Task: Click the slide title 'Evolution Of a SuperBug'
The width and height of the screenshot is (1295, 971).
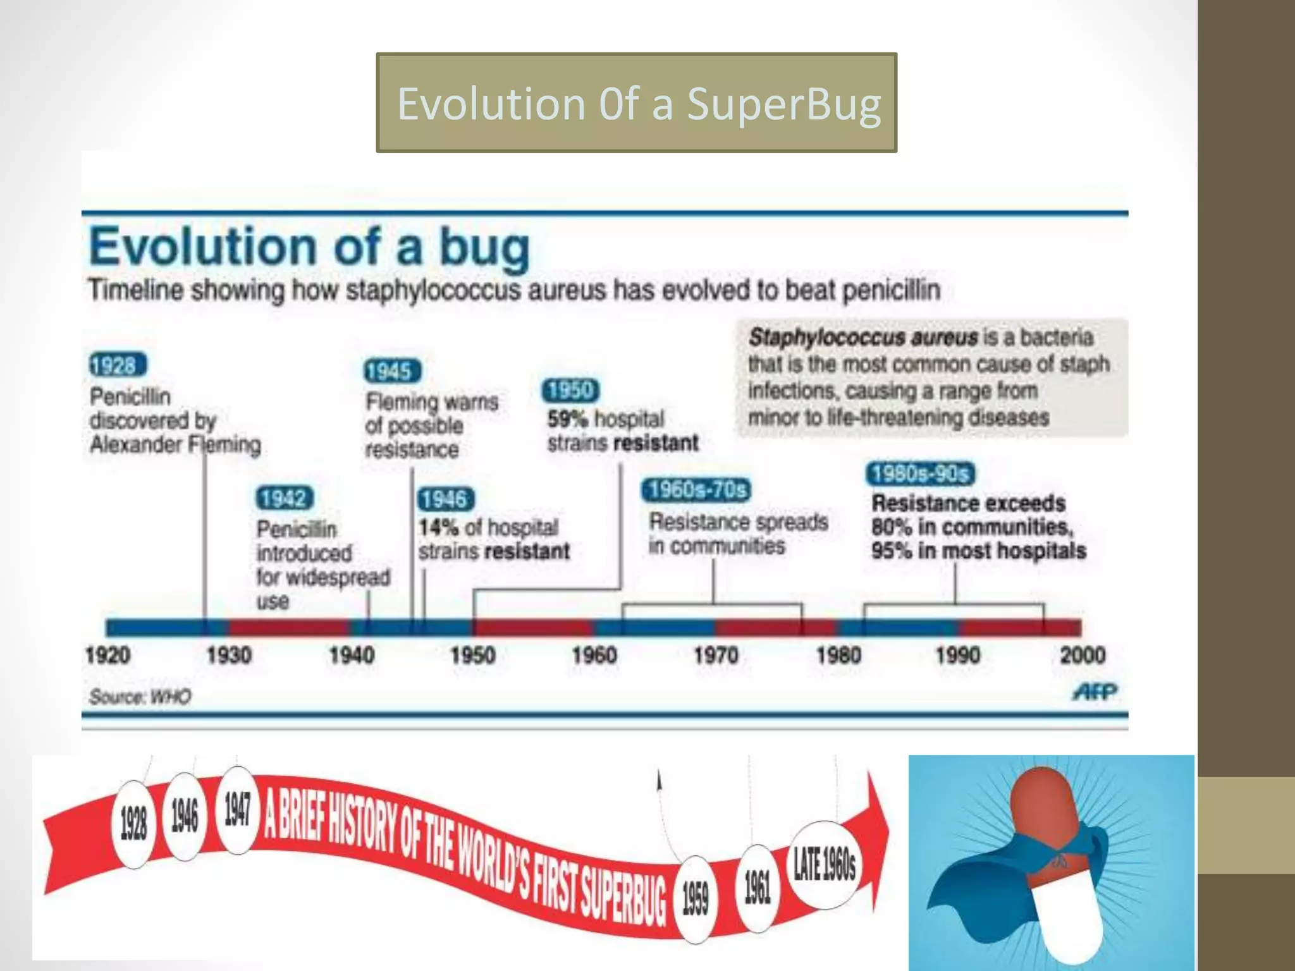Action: tap(637, 103)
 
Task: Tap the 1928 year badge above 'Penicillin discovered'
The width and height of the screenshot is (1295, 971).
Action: tap(118, 365)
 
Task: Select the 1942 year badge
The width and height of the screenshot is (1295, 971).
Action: tap(285, 499)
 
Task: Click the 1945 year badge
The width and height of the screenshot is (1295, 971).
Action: tap(392, 371)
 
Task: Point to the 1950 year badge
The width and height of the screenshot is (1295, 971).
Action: tap(570, 391)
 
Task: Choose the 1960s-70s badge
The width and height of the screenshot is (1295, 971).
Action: tap(696, 490)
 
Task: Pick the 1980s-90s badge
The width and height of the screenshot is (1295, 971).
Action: tap(920, 473)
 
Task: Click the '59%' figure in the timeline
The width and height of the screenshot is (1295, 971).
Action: tap(567, 419)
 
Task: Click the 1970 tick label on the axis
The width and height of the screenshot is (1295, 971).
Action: tap(716, 655)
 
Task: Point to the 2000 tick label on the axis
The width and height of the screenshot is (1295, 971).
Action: tap(1082, 655)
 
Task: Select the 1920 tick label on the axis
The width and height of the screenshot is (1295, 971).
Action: tap(107, 655)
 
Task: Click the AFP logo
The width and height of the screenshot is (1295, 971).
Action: tap(1095, 692)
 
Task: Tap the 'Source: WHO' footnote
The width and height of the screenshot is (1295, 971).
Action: tap(140, 697)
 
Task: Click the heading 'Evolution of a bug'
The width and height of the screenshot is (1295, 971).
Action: tap(309, 247)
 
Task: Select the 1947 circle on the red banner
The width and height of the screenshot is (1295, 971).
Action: tap(237, 810)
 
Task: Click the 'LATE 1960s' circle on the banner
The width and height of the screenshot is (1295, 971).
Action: tap(825, 864)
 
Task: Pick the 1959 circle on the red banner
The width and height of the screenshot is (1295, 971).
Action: tap(695, 898)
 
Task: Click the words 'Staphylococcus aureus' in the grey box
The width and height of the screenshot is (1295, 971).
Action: tap(863, 337)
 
